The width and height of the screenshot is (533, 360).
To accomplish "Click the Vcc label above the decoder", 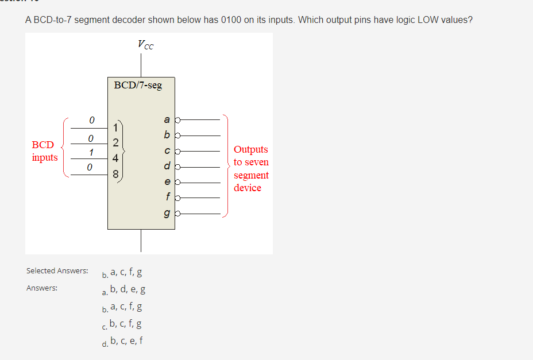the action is [145, 44].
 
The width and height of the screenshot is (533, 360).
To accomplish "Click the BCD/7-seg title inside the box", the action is [138, 85].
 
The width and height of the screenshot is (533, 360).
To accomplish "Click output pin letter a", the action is [167, 120].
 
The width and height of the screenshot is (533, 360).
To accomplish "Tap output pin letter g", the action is [167, 213].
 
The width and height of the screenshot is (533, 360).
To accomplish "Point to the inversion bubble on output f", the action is [177, 198].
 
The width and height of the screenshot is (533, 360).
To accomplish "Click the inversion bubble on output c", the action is [177, 152].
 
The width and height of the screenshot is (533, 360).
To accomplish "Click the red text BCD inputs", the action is [45, 151].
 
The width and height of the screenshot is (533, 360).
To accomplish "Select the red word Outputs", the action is [250, 149].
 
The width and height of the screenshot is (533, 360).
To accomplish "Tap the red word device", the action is [247, 188].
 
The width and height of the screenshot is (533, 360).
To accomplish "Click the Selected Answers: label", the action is [57, 270].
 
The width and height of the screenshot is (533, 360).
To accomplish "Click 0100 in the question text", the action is [233, 20].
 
